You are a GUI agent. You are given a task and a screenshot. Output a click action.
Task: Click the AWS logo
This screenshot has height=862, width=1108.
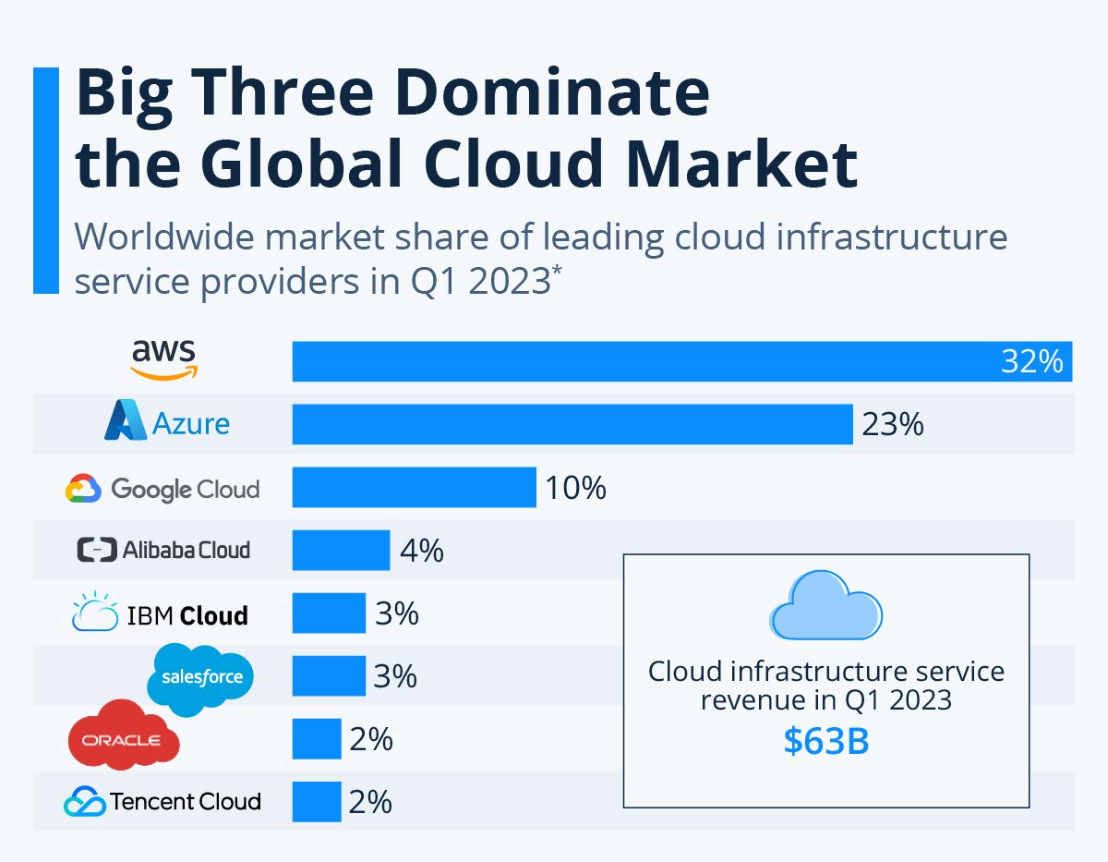(163, 359)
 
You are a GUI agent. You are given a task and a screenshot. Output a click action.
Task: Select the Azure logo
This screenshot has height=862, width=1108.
(167, 420)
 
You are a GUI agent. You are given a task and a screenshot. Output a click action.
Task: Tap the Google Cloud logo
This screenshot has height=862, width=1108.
(163, 489)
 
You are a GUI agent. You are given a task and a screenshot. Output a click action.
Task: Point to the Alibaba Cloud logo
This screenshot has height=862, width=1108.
(163, 550)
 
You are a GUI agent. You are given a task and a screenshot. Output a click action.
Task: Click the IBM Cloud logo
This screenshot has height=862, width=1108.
(160, 612)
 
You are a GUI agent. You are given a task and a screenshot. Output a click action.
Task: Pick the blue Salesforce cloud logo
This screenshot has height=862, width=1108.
(199, 678)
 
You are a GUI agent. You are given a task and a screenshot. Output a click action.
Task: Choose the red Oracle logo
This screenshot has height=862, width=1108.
(124, 735)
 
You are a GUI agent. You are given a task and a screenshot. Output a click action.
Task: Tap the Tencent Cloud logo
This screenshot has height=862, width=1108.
(163, 801)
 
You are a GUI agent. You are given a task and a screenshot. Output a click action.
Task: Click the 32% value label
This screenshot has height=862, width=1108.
(1031, 361)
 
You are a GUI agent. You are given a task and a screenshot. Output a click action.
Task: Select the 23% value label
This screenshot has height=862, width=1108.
(892, 424)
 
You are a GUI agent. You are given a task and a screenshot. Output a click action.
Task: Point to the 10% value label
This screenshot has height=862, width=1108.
(575, 488)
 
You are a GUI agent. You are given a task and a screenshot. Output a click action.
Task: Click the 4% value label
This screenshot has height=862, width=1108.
(422, 551)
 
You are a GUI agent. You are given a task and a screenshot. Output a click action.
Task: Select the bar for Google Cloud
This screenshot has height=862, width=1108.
(414, 487)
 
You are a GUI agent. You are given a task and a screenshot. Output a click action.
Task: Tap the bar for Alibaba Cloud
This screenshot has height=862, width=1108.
(341, 550)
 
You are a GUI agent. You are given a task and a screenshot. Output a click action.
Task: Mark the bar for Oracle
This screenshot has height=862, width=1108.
(317, 738)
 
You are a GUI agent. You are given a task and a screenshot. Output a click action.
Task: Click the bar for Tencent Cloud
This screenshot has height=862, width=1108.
(317, 801)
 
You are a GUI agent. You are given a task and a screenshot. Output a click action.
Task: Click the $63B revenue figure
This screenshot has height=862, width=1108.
(826, 741)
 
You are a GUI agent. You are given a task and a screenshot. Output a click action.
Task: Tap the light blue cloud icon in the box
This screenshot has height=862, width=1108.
(826, 605)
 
